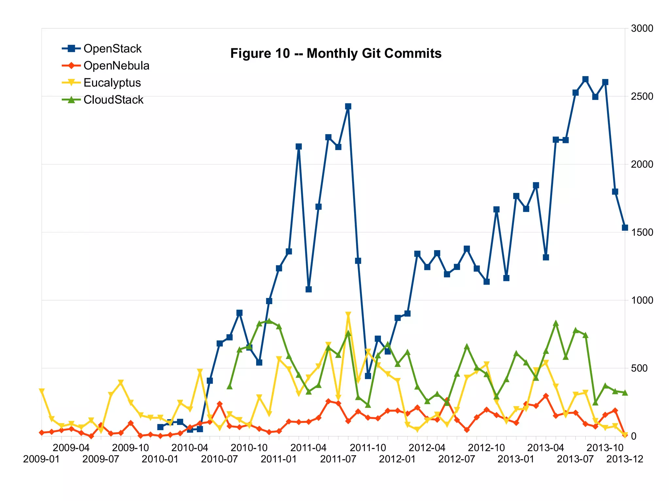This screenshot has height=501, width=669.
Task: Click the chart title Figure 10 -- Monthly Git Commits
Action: coord(335,53)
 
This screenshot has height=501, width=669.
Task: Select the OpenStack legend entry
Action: coord(112,49)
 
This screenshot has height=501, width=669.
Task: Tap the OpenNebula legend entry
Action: coord(116,66)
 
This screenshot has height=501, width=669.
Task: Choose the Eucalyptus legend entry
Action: coord(112,83)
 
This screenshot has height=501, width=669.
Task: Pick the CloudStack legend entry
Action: coord(113,100)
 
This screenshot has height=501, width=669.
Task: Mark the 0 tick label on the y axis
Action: coord(634,436)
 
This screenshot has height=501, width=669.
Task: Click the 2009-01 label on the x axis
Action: coord(41,459)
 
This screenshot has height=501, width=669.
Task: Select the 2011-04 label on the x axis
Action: coord(308,447)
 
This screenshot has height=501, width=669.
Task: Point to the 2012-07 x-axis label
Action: coord(456,459)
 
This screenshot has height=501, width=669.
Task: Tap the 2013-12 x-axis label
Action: coord(625,459)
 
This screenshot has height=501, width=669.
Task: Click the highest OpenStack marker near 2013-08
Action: coord(585,79)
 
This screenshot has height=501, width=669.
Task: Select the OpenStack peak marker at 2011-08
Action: coord(348,106)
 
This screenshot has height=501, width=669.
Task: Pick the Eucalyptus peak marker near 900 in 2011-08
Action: coord(348,314)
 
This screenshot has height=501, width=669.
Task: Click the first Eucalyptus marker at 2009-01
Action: coord(41,391)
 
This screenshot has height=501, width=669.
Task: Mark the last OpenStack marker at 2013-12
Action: coord(625,227)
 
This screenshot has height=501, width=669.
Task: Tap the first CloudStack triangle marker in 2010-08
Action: coord(229,386)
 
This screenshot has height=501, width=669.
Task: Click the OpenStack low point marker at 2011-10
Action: coord(368,376)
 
